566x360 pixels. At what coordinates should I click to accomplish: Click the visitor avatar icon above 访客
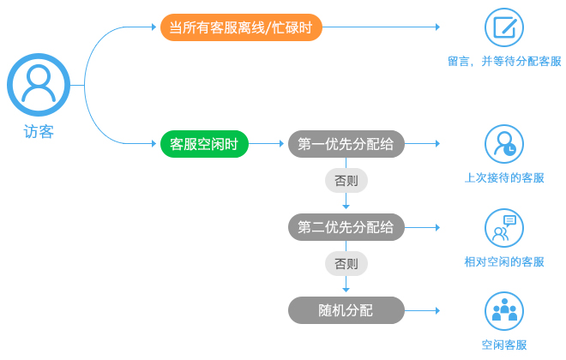(39, 85)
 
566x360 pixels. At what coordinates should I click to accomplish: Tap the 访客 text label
(39, 132)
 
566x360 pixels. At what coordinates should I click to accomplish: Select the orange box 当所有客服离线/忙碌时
(241, 27)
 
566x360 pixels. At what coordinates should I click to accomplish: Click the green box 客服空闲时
(204, 144)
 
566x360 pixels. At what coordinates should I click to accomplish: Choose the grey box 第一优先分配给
(346, 144)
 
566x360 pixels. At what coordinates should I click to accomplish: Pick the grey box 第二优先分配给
(346, 227)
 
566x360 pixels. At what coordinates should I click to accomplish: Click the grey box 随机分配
(346, 310)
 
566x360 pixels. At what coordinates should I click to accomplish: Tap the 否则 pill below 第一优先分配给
(346, 180)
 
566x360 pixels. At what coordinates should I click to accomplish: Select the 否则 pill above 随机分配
(346, 264)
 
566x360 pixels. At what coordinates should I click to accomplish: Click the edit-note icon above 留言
(504, 27)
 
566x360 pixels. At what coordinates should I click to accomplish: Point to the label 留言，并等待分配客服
(504, 62)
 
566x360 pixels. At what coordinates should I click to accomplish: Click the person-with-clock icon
(504, 144)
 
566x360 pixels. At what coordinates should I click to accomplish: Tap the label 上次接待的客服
(504, 177)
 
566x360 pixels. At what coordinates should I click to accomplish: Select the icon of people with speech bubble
(504, 228)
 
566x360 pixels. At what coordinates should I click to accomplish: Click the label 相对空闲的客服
(504, 262)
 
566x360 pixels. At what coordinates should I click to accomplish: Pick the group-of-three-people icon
(504, 311)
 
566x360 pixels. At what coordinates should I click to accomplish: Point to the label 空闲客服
(504, 345)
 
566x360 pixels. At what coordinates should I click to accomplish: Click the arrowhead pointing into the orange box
(154, 27)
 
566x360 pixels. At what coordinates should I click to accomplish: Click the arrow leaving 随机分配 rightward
(422, 310)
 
